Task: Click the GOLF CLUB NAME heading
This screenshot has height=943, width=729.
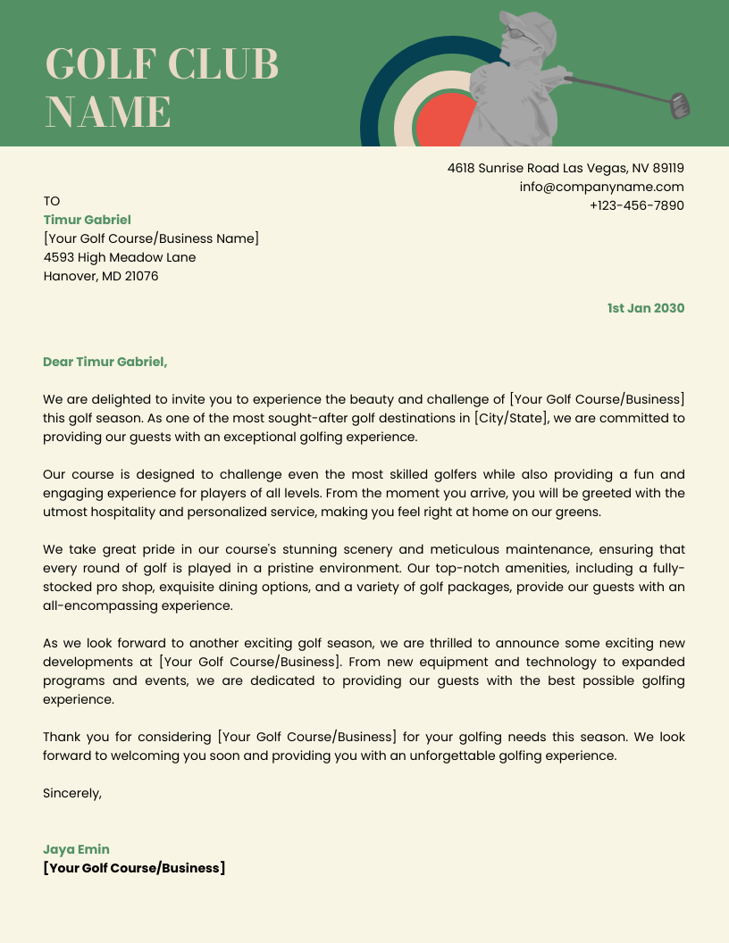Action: click(162, 88)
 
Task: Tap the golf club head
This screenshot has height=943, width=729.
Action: click(681, 106)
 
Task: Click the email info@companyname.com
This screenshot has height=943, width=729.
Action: click(601, 187)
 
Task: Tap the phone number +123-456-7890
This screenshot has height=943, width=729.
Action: click(636, 205)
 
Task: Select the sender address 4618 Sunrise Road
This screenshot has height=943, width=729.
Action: click(565, 168)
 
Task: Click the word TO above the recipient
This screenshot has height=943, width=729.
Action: click(51, 201)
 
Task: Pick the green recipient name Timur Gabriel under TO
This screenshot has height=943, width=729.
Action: click(88, 220)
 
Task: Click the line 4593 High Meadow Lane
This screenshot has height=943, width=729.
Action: click(120, 257)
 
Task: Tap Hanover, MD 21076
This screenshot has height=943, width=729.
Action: click(101, 276)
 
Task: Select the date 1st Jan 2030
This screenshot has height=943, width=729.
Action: click(645, 308)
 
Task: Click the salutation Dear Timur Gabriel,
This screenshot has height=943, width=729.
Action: click(105, 362)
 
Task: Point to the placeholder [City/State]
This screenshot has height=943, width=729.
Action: click(511, 418)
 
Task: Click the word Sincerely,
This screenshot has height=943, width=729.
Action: click(72, 792)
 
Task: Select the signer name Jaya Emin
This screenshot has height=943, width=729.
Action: click(76, 849)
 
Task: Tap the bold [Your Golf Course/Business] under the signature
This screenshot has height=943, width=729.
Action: click(134, 868)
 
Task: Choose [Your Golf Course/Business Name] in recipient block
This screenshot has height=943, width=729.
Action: click(151, 238)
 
